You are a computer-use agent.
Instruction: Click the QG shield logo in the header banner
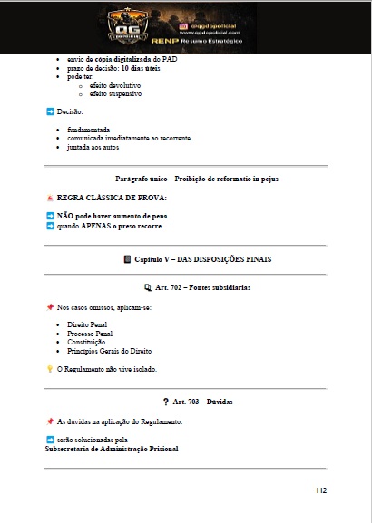tap(128, 28)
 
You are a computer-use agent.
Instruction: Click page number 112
tap(320, 490)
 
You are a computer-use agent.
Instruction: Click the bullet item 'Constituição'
tap(87, 342)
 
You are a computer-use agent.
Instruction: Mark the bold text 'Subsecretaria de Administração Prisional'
tap(112, 449)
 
